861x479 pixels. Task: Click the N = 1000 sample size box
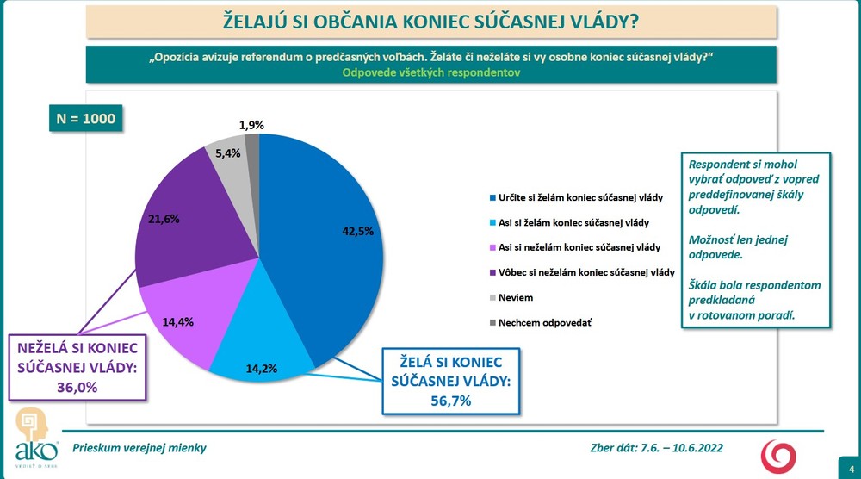85,119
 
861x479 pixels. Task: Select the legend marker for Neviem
491,297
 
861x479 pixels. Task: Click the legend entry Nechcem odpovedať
543,322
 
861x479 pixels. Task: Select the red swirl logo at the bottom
781,454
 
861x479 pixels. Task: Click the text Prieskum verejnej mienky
139,448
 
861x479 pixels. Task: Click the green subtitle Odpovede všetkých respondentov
431,73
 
